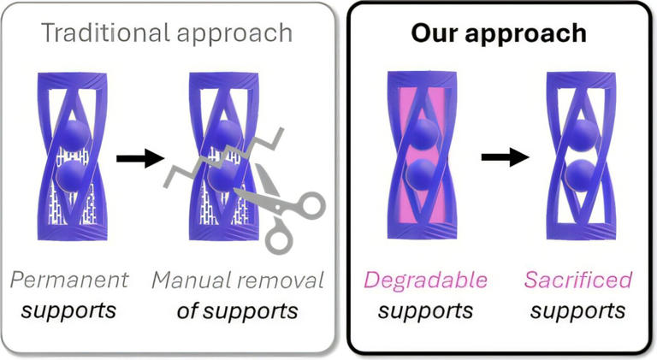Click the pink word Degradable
[x=425, y=280]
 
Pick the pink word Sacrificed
[x=578, y=280]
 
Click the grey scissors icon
[x=286, y=210]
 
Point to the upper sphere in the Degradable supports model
[x=424, y=135]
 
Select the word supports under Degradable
[x=425, y=309]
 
